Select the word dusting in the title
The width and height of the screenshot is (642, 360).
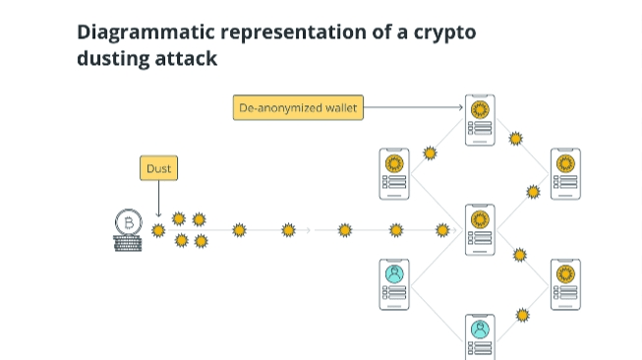[x=112, y=58]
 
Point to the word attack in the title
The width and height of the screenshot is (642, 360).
[x=186, y=58]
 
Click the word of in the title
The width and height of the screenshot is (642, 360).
[x=380, y=31]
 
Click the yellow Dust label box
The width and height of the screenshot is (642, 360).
[x=159, y=168]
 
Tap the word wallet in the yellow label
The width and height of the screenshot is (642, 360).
[x=341, y=108]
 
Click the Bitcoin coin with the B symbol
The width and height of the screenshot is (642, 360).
[x=129, y=223]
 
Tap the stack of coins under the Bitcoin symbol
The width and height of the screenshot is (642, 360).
[x=128, y=243]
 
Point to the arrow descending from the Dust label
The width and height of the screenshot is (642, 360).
[x=159, y=199]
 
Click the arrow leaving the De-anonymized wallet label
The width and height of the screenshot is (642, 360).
[x=413, y=107]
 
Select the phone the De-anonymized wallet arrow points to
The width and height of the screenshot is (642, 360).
[x=480, y=120]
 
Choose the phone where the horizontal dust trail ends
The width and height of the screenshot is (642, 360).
[x=480, y=230]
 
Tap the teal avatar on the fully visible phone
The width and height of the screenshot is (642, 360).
[x=394, y=274]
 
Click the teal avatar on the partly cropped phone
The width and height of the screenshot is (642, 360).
[x=480, y=330]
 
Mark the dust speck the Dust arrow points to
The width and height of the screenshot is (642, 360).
[x=158, y=230]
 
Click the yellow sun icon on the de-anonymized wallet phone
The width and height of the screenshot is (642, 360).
[x=480, y=110]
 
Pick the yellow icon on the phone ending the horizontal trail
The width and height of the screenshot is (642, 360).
[x=480, y=219]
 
